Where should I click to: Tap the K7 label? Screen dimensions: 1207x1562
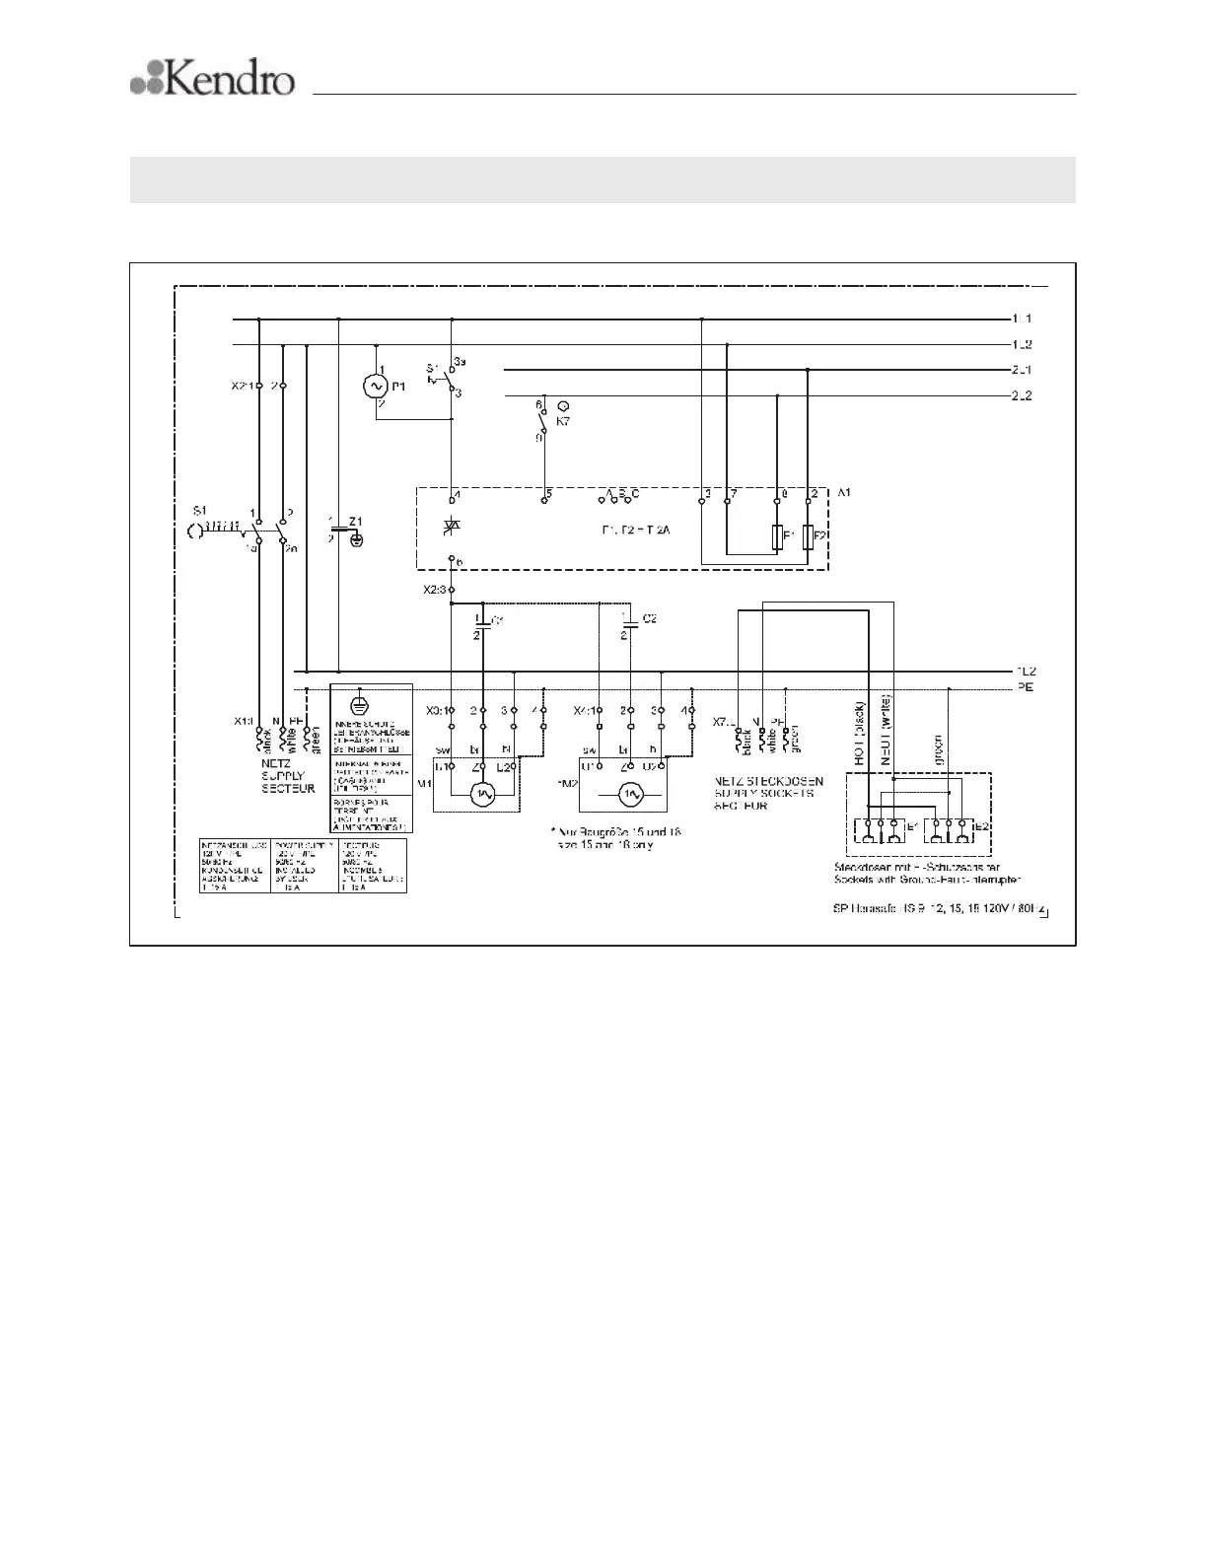point(563,421)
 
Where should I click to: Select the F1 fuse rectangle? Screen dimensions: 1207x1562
point(777,537)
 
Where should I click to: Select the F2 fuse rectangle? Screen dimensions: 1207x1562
point(809,537)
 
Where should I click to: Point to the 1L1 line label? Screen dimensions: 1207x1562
point(1023,319)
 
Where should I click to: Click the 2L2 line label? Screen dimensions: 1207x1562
point(1023,395)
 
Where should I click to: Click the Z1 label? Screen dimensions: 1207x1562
point(357,520)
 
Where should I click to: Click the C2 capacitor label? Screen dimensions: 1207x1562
point(649,618)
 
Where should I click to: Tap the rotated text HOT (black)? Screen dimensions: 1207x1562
point(860,735)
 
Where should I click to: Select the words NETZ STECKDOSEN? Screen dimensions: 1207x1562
point(768,781)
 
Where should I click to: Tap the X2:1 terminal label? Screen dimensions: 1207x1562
point(243,386)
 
